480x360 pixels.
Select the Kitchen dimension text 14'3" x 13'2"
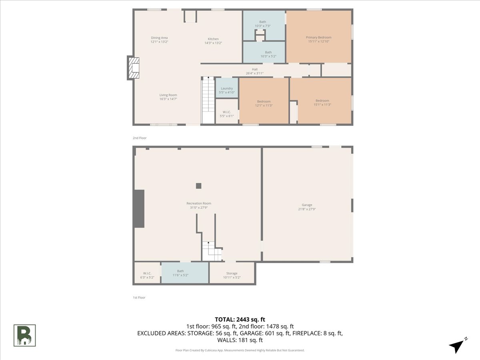(213, 43)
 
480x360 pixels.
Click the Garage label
(307, 205)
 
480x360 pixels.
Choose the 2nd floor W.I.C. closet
(227, 114)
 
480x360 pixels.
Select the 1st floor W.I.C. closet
(147, 275)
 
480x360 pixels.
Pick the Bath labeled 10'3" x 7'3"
(263, 24)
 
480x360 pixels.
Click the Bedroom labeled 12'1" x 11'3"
(264, 103)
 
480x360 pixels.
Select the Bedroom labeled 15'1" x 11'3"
(322, 102)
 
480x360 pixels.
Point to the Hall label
(254, 69)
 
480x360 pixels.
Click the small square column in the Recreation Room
(198, 186)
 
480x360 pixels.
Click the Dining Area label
(159, 38)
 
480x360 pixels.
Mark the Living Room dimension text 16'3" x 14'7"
(168, 99)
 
